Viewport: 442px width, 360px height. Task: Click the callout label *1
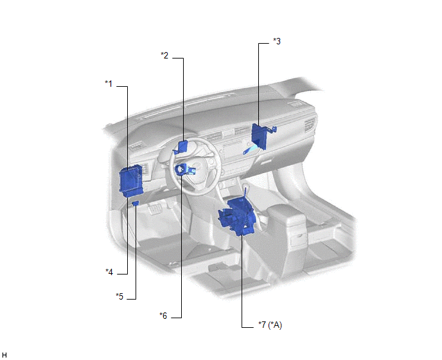click(109, 84)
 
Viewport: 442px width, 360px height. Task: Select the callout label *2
click(164, 55)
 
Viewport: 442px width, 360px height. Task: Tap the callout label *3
click(277, 42)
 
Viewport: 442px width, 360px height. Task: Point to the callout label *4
click(109, 272)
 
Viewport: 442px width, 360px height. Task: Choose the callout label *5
click(119, 296)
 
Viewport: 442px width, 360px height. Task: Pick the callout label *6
click(163, 316)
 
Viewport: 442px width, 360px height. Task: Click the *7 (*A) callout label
click(270, 325)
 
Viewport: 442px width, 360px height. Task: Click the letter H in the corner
click(4, 355)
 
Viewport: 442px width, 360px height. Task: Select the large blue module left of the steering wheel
click(131, 181)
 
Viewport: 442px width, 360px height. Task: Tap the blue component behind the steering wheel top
click(181, 147)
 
